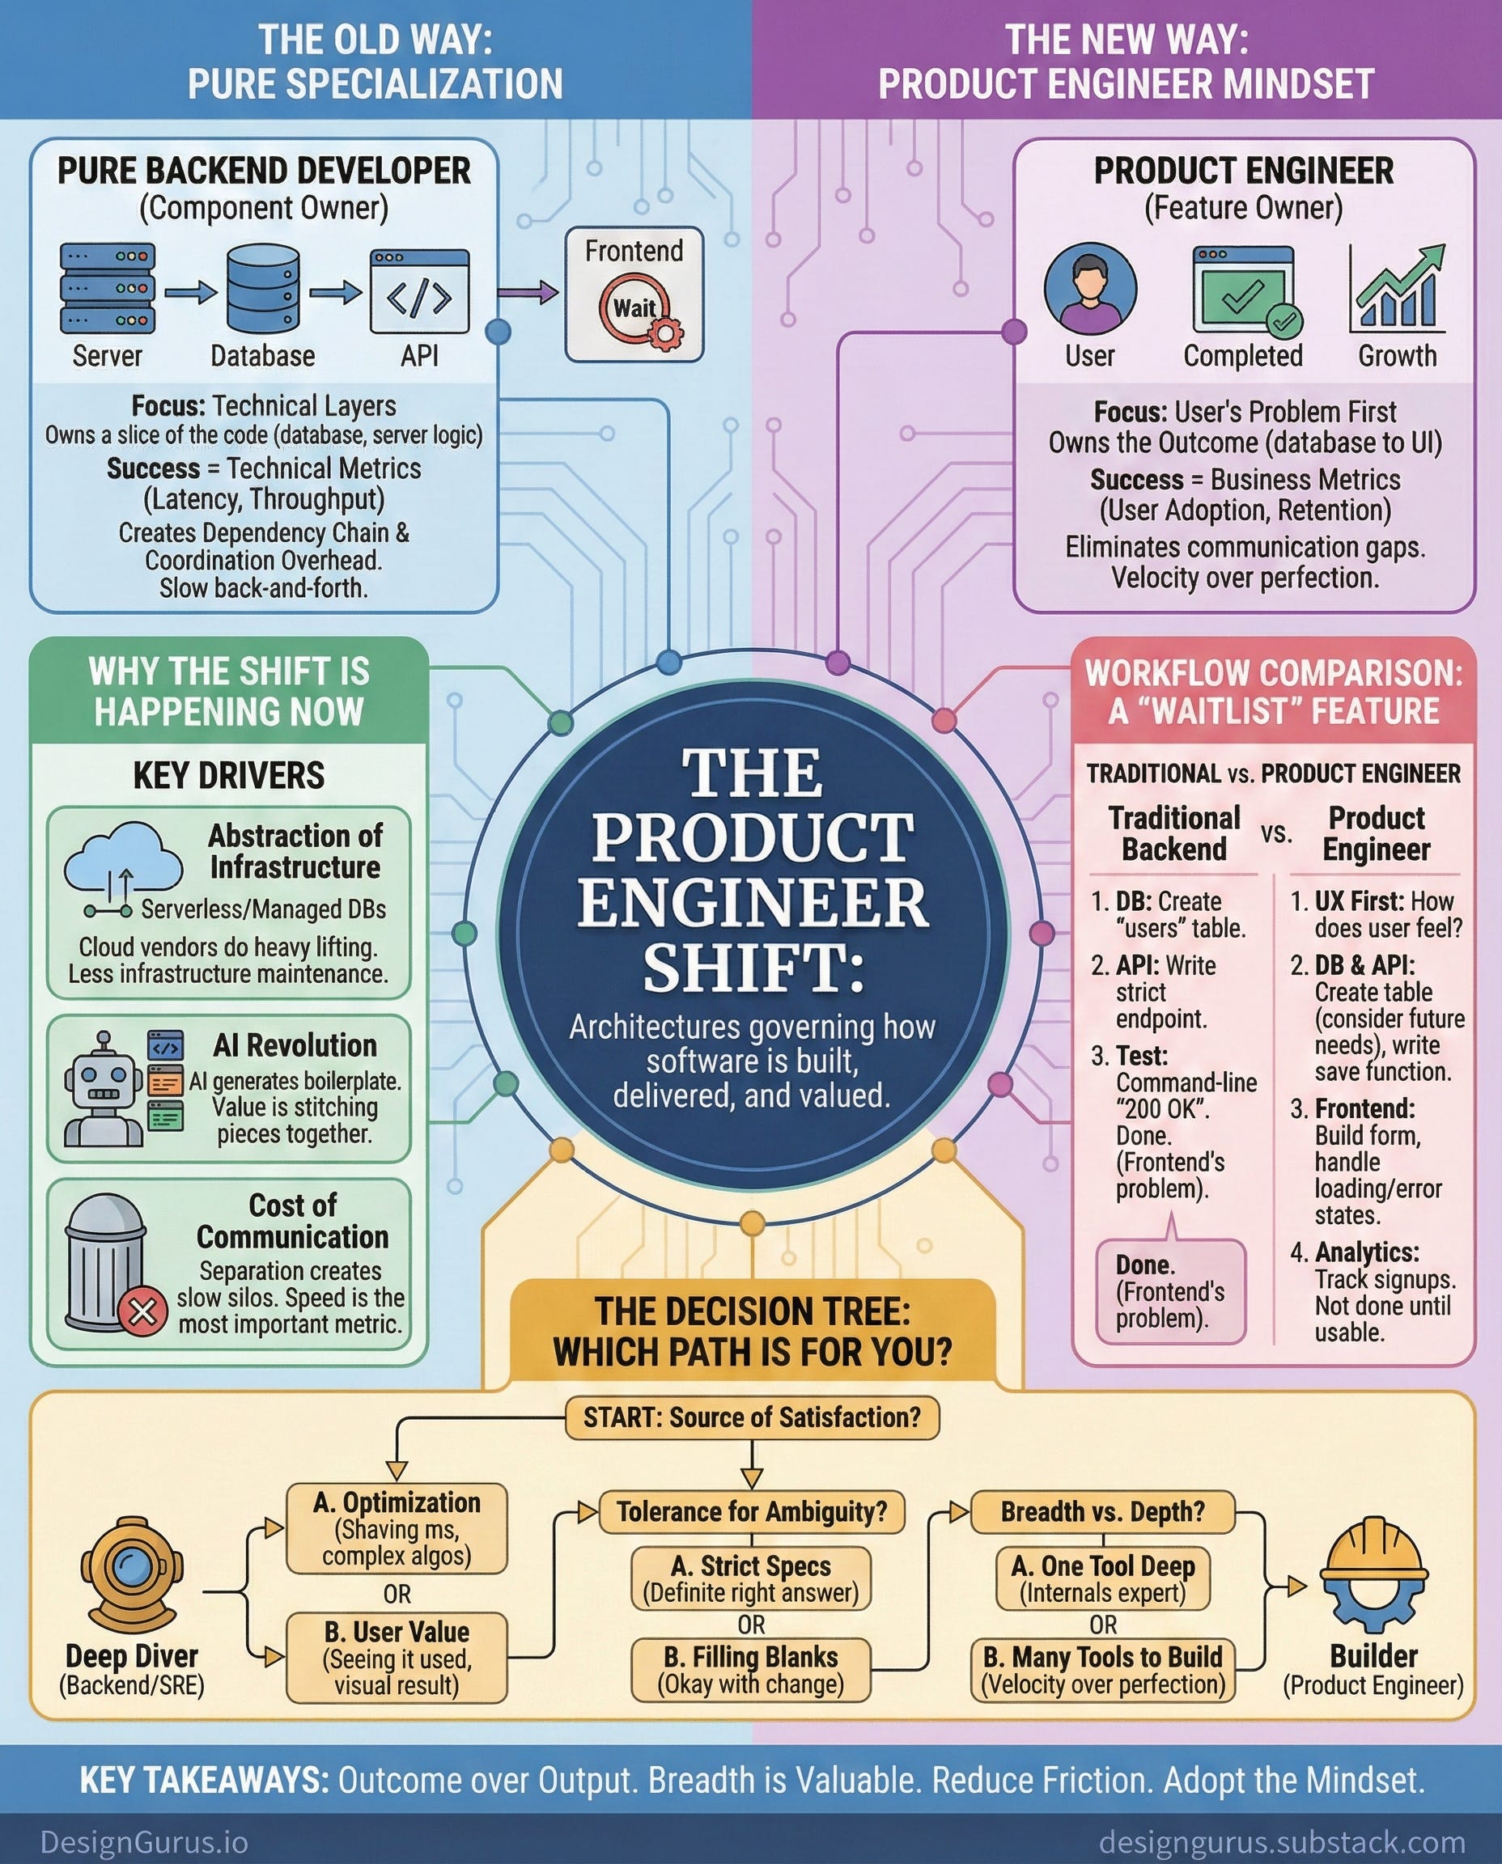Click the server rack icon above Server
pyautogui.click(x=108, y=288)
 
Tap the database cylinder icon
pyautogui.click(x=263, y=289)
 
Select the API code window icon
pyautogui.click(x=420, y=291)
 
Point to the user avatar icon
pyautogui.click(x=1090, y=288)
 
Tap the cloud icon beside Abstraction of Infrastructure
pyautogui.click(x=123, y=869)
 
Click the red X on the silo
pyautogui.click(x=142, y=1311)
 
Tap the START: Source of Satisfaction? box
pyautogui.click(x=752, y=1417)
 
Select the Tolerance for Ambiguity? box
pyautogui.click(x=752, y=1512)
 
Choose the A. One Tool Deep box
pyautogui.click(x=1103, y=1578)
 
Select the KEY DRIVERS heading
pyautogui.click(x=229, y=775)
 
